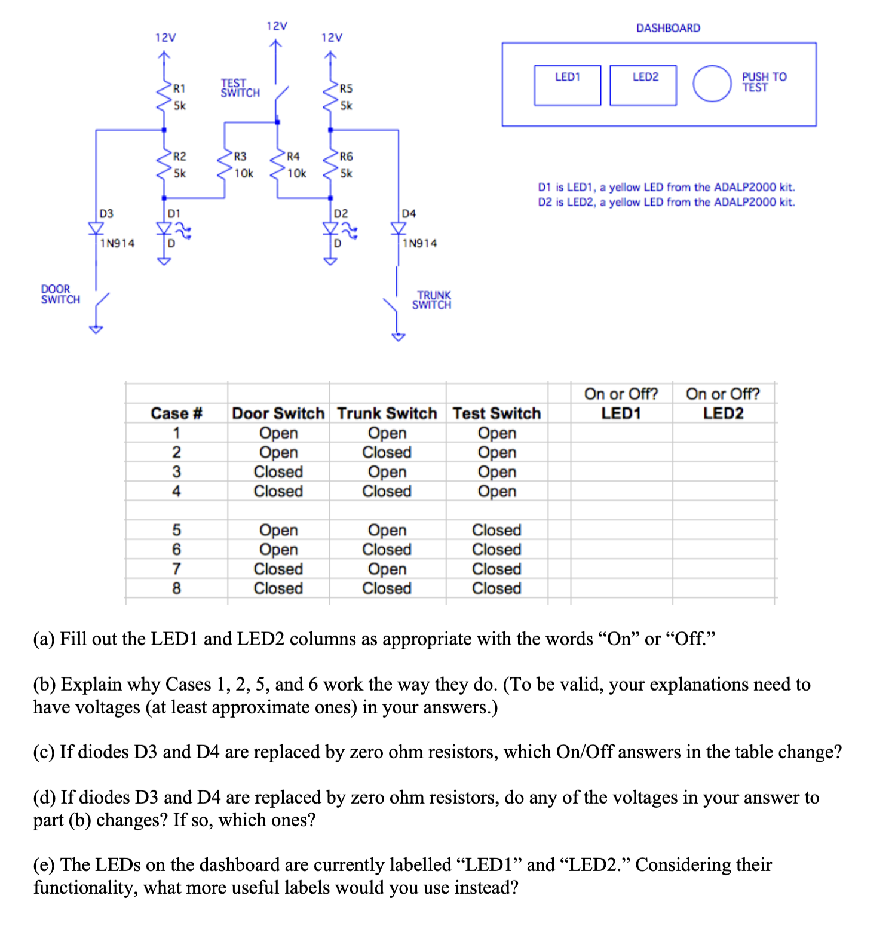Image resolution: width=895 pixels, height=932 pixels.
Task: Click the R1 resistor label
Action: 179,88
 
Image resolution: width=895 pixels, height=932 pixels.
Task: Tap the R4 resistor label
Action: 293,157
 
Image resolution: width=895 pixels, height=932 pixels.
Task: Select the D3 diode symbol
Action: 96,228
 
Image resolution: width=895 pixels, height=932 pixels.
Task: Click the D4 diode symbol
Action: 398,228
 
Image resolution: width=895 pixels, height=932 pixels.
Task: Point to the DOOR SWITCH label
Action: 60,294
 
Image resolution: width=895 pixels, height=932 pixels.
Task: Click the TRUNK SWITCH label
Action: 432,300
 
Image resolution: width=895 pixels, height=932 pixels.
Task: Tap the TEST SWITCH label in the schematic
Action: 240,88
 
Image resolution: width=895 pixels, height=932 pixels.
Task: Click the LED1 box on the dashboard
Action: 567,85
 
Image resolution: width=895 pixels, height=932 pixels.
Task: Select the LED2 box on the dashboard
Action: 643,85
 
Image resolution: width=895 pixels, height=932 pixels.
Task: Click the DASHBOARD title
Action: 668,28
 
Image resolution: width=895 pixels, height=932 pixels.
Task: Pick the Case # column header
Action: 176,413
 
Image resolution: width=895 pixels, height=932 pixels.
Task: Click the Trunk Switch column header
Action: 387,413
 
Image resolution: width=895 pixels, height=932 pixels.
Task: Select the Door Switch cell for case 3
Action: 278,472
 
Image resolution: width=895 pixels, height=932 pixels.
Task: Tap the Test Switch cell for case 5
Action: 496,530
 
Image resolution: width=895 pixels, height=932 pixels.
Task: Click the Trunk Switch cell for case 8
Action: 387,588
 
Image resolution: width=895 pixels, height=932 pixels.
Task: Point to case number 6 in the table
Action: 176,550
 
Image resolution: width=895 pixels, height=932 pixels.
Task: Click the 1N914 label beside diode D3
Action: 117,243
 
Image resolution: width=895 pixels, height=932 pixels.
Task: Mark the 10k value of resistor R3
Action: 244,173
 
